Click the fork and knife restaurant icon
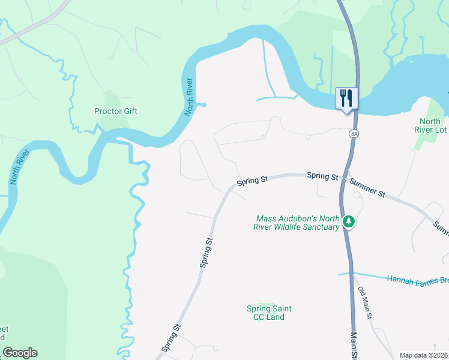click(x=346, y=98)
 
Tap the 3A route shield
click(x=354, y=134)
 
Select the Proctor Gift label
click(x=116, y=111)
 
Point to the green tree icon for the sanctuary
click(x=349, y=223)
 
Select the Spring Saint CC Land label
click(x=269, y=313)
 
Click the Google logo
click(x=20, y=353)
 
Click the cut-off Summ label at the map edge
click(x=441, y=228)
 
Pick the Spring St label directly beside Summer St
click(x=322, y=176)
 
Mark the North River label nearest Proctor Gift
click(x=190, y=97)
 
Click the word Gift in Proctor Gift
click(x=130, y=111)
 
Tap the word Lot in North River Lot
click(x=441, y=130)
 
